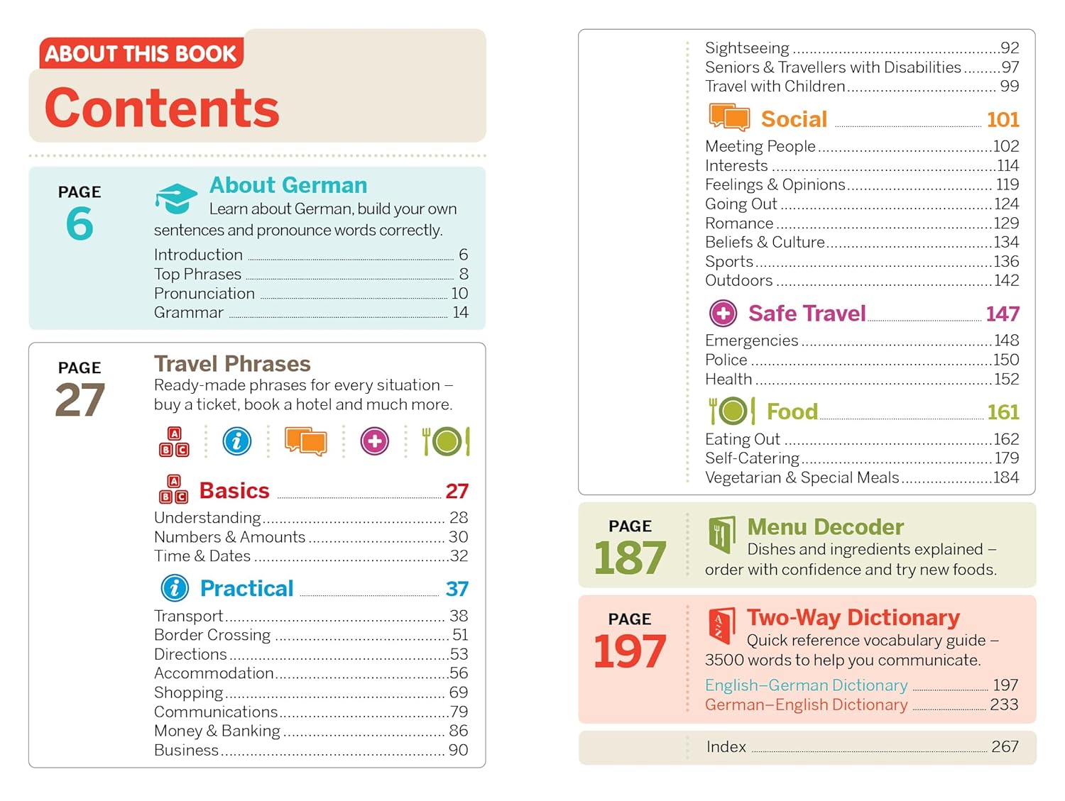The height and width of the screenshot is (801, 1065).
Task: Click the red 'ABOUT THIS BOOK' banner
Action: [x=141, y=54]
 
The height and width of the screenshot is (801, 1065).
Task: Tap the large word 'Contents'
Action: [x=162, y=108]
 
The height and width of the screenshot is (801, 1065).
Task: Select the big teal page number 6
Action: [x=80, y=223]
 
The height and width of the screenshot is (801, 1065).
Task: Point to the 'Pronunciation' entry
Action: [x=204, y=293]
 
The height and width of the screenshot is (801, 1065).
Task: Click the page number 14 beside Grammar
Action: [x=460, y=312]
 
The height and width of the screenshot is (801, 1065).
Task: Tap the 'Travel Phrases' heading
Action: [x=232, y=364]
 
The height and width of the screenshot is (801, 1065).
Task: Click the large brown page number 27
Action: [x=80, y=400]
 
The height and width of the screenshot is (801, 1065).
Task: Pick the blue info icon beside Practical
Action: [x=175, y=588]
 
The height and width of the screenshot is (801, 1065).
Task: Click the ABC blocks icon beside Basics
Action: [x=174, y=490]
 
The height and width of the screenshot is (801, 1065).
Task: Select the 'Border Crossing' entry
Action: [x=212, y=634]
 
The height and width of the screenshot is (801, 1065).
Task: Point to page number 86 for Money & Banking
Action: [x=458, y=730]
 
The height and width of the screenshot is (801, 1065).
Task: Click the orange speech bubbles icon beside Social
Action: [x=729, y=118]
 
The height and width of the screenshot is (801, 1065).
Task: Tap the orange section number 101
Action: [x=1003, y=119]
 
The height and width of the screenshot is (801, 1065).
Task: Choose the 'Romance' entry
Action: [x=739, y=223]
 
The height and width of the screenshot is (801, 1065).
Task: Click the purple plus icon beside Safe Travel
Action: [x=723, y=313]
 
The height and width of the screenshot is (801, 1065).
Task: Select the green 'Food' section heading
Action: [x=792, y=411]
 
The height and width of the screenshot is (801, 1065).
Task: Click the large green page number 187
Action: [x=630, y=558]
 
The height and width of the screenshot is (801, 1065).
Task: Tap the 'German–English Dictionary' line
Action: [x=806, y=705]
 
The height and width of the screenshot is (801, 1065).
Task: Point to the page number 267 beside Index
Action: [x=1005, y=746]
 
